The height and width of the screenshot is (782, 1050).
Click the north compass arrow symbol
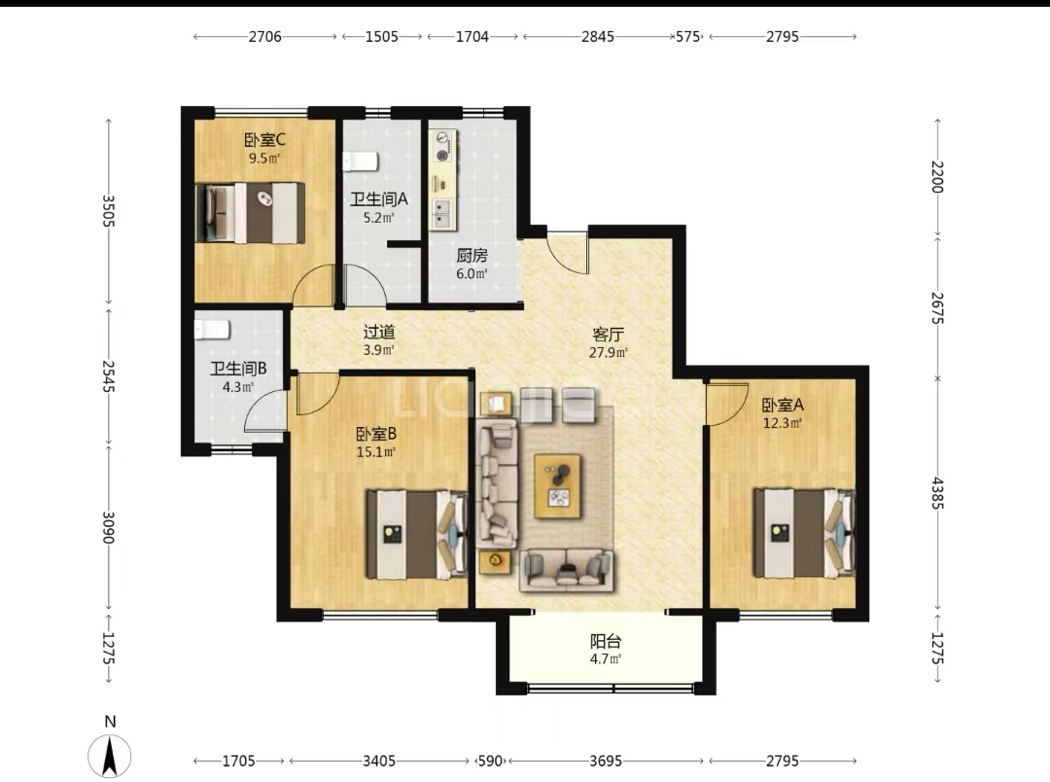(x=110, y=755)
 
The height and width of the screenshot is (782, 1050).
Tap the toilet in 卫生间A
(x=361, y=161)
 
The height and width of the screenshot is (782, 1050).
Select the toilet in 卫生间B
(x=212, y=330)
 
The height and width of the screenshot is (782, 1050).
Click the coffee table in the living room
(x=557, y=485)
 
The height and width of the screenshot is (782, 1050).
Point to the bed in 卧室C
(x=250, y=212)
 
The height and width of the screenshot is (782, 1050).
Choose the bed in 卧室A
(x=804, y=533)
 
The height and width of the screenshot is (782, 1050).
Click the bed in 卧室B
(x=416, y=534)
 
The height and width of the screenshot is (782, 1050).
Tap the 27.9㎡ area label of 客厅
(x=608, y=352)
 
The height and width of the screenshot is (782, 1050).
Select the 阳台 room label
(x=606, y=641)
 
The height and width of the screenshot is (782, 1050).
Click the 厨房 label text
(x=472, y=255)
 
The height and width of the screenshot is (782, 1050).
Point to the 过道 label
(x=379, y=332)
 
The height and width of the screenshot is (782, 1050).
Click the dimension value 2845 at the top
(x=597, y=37)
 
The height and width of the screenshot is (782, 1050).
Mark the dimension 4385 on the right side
(x=937, y=492)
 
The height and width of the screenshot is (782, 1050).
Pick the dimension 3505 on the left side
(x=109, y=211)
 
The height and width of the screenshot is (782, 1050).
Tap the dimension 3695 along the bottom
(x=606, y=761)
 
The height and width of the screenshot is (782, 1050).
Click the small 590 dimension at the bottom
(x=490, y=761)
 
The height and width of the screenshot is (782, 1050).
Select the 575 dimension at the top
(x=687, y=37)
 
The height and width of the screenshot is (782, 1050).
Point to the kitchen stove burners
(x=442, y=147)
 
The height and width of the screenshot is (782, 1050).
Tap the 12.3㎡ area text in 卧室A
(x=782, y=423)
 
